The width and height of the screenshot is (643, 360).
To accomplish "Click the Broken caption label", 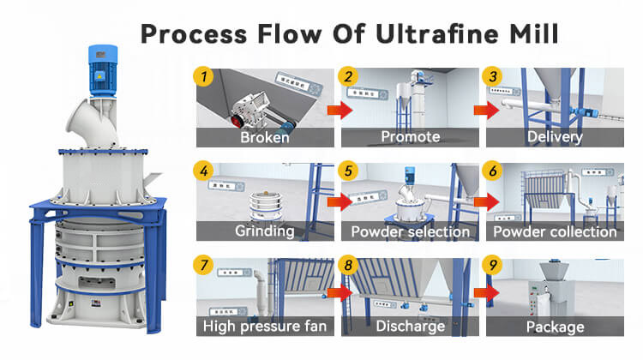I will pyautogui.click(x=265, y=136).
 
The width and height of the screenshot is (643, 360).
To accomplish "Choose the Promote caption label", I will pyautogui.click(x=410, y=136).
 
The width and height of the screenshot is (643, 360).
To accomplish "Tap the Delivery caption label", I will pyautogui.click(x=555, y=136).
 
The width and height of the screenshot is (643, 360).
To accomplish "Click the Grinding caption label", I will pyautogui.click(x=265, y=231).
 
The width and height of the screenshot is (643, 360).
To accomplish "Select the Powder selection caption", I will pyautogui.click(x=410, y=231).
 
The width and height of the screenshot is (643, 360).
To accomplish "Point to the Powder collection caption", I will pyautogui.click(x=555, y=231).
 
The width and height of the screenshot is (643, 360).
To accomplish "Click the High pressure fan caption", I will pyautogui.click(x=265, y=326).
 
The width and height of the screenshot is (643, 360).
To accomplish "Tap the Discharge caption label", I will pyautogui.click(x=410, y=326).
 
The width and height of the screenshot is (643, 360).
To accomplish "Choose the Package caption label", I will pyautogui.click(x=555, y=326).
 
